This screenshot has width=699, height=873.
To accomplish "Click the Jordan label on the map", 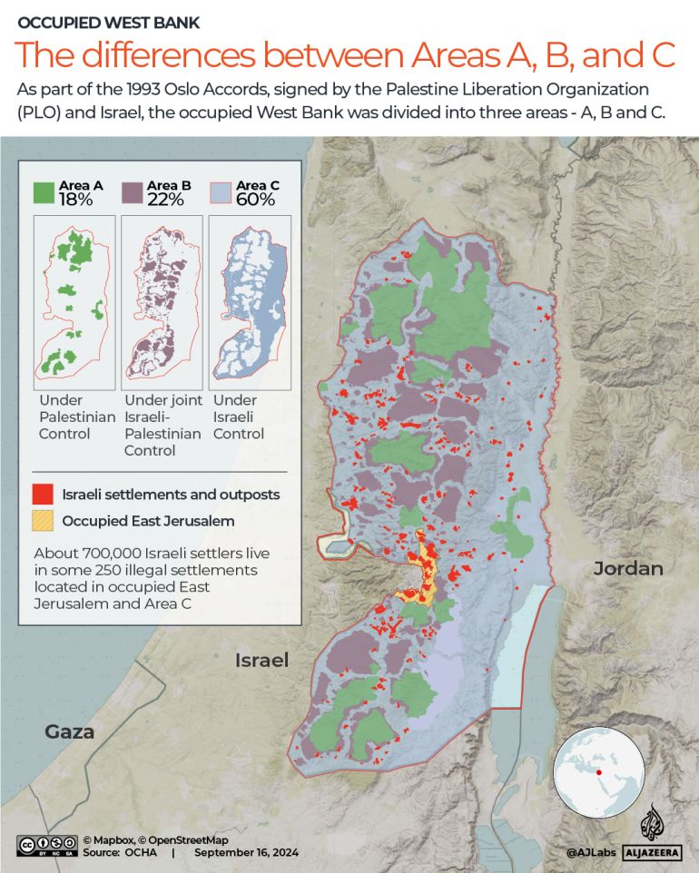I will pyautogui.click(x=628, y=569).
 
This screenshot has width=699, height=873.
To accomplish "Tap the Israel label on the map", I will pyautogui.click(x=261, y=660).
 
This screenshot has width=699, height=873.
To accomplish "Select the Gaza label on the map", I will pyautogui.click(x=70, y=731).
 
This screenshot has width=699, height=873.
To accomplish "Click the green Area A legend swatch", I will pyautogui.click(x=44, y=192).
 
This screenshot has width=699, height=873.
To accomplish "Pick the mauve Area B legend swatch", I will pyautogui.click(x=133, y=192).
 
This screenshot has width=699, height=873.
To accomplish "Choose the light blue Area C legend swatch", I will pyautogui.click(x=222, y=192).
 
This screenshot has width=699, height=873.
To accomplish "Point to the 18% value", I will pyautogui.click(x=76, y=201).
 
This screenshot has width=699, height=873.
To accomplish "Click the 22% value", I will pyautogui.click(x=166, y=201).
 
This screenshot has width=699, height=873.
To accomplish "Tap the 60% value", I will pyautogui.click(x=255, y=201).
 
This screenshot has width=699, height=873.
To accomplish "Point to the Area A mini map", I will pyautogui.click(x=74, y=298).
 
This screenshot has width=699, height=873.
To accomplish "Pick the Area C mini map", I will pyautogui.click(x=249, y=298).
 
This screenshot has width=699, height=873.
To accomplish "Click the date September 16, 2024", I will pyautogui.click(x=246, y=853).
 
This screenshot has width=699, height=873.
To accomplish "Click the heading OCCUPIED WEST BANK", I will pyautogui.click(x=109, y=22).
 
